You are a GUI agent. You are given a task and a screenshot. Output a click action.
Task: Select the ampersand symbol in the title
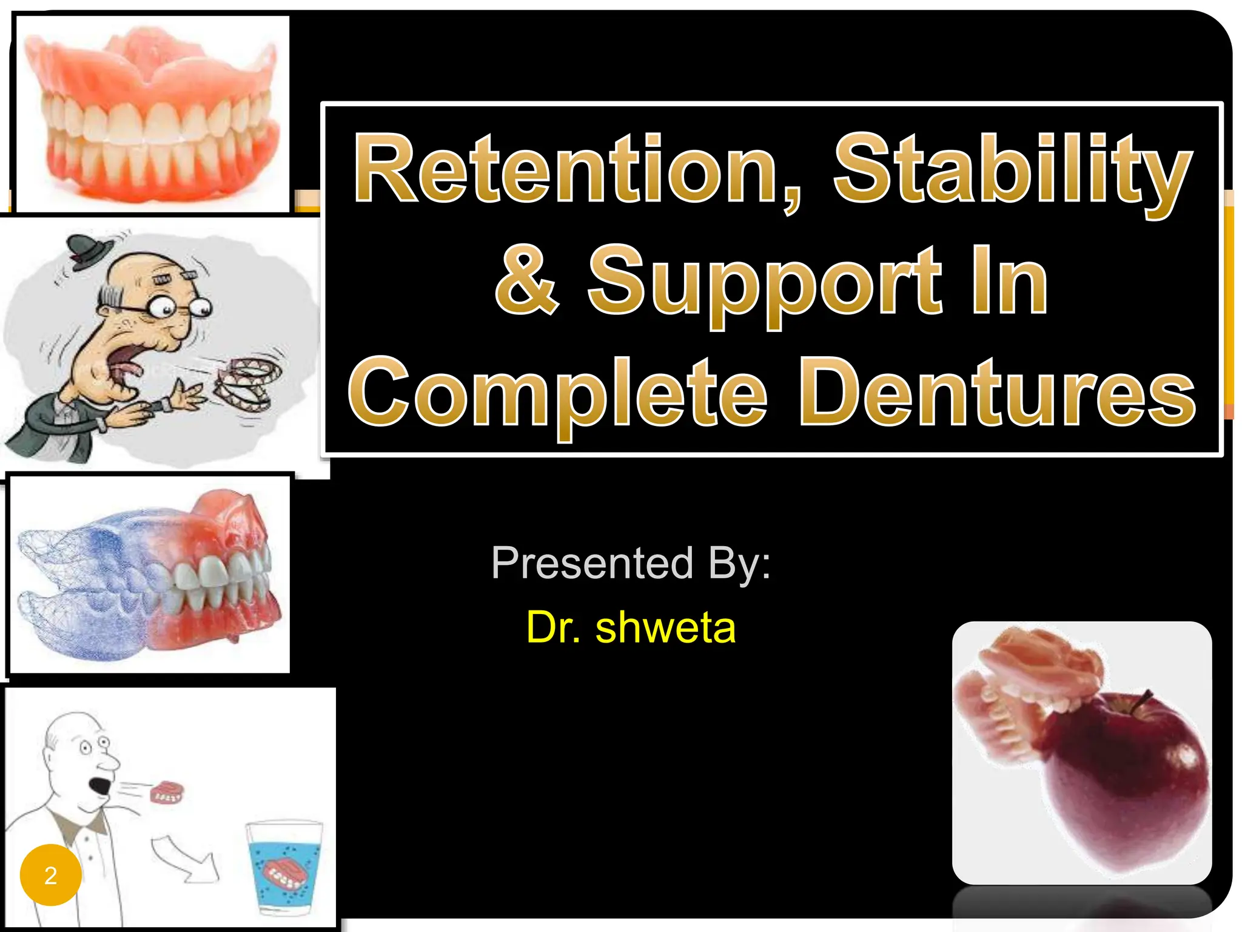click(526, 280)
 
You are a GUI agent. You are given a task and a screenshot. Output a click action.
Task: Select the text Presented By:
click(631, 563)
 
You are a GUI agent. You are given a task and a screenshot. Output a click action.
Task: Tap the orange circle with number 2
click(51, 875)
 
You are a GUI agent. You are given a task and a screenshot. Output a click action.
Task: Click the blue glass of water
click(284, 868)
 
